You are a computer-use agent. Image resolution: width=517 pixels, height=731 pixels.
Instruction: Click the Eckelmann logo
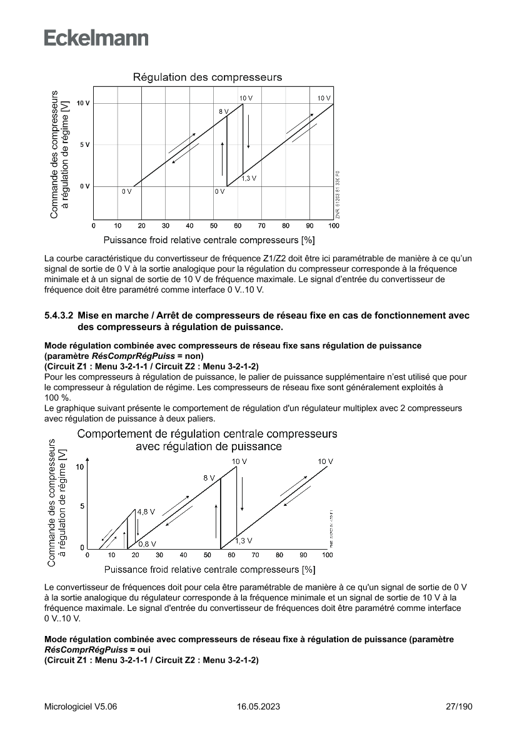[96, 38]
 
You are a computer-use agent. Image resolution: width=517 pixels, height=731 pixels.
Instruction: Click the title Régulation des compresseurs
[207, 78]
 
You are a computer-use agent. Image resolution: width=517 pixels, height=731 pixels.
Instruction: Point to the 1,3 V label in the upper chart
[249, 178]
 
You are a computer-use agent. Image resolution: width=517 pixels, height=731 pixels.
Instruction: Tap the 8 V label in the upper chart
[223, 111]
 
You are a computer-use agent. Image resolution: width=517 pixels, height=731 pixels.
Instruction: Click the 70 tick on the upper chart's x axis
[262, 225]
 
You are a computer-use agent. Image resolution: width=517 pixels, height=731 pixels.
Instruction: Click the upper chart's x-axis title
[209, 239]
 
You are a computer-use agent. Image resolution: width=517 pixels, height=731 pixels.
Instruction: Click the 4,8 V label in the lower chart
[146, 512]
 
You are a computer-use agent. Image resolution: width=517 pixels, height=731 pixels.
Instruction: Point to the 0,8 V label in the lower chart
[147, 543]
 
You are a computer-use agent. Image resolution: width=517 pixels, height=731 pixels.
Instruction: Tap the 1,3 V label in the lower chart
[244, 540]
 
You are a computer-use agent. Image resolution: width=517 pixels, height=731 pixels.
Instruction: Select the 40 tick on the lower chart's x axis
[183, 555]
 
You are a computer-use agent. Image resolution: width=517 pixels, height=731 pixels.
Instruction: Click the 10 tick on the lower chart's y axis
[79, 467]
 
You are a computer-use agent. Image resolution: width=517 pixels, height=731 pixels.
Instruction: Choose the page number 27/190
[459, 707]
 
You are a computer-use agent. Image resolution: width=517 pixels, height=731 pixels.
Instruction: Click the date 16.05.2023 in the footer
[258, 707]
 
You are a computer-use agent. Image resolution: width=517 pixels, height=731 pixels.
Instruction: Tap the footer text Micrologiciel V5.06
[81, 707]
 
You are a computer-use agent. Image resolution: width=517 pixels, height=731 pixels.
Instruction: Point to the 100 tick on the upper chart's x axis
[333, 225]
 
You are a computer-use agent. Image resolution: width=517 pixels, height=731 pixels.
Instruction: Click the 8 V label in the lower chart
[209, 478]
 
